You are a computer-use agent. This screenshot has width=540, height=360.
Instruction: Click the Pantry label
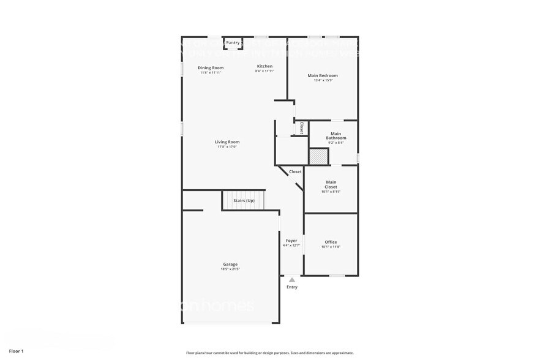pos(233,43)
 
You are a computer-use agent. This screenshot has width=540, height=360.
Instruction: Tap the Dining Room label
pos(211,67)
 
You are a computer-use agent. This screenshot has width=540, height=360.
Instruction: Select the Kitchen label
pos(264,66)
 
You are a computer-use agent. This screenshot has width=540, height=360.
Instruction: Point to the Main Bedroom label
pos(323,76)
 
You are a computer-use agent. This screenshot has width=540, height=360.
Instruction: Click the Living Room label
pos(227,142)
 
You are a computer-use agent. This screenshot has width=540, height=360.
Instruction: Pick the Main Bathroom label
pos(336,135)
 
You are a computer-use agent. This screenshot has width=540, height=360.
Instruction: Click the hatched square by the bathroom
pos(318,156)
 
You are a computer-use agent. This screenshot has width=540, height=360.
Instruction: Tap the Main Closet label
pos(331,184)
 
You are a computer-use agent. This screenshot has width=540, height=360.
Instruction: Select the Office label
pos(331,242)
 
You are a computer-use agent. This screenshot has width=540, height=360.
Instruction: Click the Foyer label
pos(291,241)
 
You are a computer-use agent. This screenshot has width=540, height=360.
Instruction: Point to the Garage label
pos(230,264)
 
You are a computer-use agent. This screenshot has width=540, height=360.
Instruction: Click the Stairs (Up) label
pos(244,201)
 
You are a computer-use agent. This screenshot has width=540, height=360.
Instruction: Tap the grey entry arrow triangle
pos(292,280)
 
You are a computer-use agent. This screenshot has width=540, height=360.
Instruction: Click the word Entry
pos(292,287)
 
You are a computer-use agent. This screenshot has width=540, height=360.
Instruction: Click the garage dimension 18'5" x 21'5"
pos(230,269)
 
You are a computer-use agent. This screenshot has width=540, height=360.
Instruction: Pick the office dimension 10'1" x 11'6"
pos(331,247)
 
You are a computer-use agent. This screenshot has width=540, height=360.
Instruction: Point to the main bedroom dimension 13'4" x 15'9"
pos(323,81)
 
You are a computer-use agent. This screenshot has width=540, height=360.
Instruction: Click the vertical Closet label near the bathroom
pos(302,127)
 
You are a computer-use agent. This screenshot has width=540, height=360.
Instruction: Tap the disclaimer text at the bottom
pos(270,353)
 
